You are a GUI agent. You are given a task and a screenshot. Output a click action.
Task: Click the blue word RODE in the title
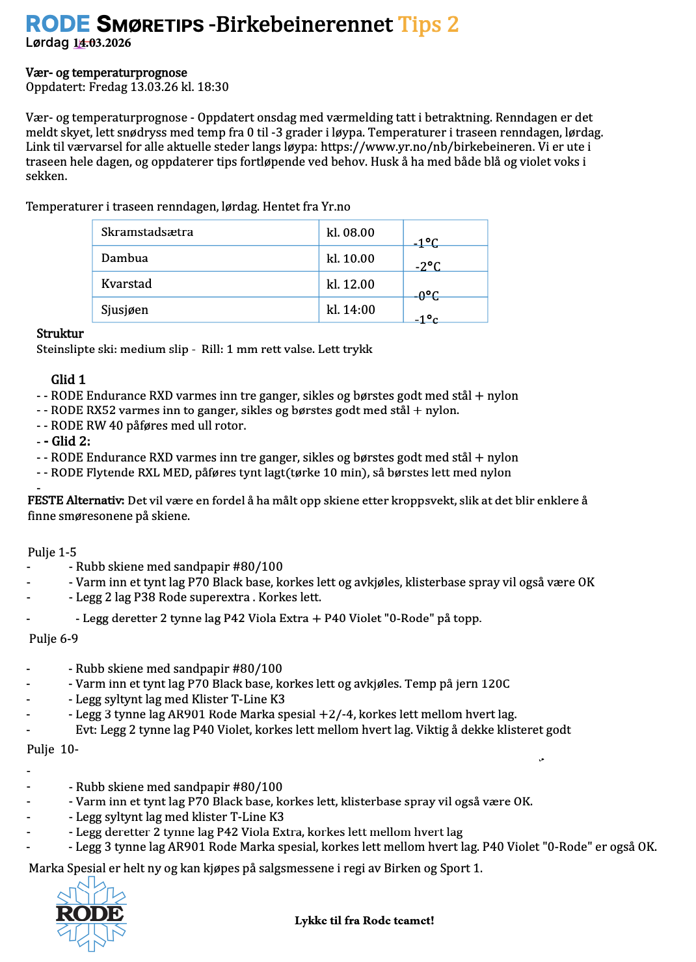tap(57, 24)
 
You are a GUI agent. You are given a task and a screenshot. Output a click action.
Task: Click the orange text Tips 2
tap(428, 24)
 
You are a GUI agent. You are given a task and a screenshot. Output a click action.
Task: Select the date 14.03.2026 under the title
tap(102, 43)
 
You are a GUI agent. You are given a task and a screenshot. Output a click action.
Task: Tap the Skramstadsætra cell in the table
tap(147, 232)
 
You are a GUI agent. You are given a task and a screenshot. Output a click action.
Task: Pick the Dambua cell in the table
tap(124, 258)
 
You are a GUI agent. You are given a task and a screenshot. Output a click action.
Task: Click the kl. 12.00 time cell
tap(351, 284)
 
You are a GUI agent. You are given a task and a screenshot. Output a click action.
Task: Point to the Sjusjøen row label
tap(124, 309)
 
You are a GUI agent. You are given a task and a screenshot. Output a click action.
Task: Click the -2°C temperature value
tap(428, 266)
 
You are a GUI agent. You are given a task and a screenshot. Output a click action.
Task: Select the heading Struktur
tap(60, 333)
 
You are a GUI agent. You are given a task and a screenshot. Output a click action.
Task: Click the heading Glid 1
tap(68, 380)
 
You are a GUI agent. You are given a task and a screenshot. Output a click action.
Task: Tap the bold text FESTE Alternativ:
tap(75, 500)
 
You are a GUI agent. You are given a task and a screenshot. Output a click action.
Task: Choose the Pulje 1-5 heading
tap(52, 552)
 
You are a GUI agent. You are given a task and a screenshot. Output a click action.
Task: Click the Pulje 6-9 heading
tap(53, 638)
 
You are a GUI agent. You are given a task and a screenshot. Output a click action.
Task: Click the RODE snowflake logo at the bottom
tap(91, 913)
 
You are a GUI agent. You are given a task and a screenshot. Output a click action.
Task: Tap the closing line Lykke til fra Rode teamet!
tap(364, 920)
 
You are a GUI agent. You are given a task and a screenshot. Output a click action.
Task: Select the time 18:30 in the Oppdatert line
tap(214, 87)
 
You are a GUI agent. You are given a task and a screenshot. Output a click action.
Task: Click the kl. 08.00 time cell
tap(351, 233)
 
